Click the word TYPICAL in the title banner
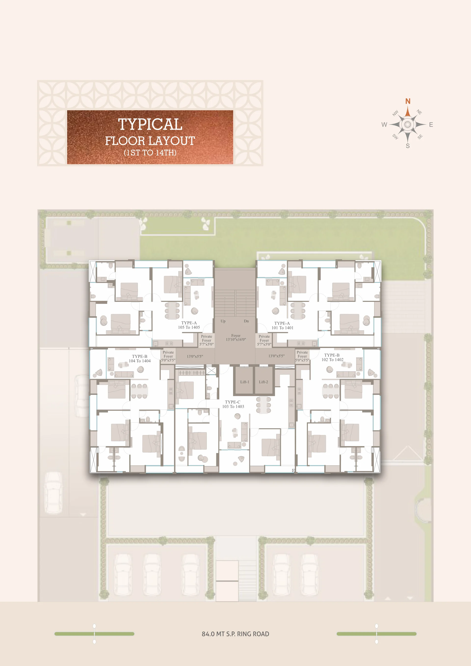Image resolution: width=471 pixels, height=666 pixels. [150, 124]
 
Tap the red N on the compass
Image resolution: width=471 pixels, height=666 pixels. [408, 101]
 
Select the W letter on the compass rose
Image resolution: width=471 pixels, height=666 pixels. [384, 125]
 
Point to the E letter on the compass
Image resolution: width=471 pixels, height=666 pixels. [431, 125]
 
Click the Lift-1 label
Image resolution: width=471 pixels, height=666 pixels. [245, 382]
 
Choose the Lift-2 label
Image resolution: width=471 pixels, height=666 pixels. [263, 382]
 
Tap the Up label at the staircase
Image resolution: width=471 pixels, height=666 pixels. [223, 321]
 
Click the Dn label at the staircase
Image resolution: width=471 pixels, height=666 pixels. [246, 321]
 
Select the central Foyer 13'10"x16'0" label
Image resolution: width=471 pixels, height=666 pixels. [236, 337]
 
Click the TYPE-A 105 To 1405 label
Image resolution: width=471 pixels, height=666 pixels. [189, 325]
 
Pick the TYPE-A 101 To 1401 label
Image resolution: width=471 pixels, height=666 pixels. [282, 325]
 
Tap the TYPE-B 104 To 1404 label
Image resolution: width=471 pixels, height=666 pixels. [140, 359]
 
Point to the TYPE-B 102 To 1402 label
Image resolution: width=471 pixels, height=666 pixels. [332, 357]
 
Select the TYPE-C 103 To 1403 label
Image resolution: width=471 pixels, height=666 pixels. [233, 404]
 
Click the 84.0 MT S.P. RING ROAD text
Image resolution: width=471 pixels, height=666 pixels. [235, 634]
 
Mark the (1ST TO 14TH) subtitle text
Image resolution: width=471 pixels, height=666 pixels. [150, 153]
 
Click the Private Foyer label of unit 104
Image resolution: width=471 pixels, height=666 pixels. [168, 354]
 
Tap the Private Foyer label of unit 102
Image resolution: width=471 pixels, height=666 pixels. [302, 354]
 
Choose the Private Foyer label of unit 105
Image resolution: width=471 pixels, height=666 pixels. [207, 338]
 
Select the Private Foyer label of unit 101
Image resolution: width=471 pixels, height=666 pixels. [264, 338]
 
